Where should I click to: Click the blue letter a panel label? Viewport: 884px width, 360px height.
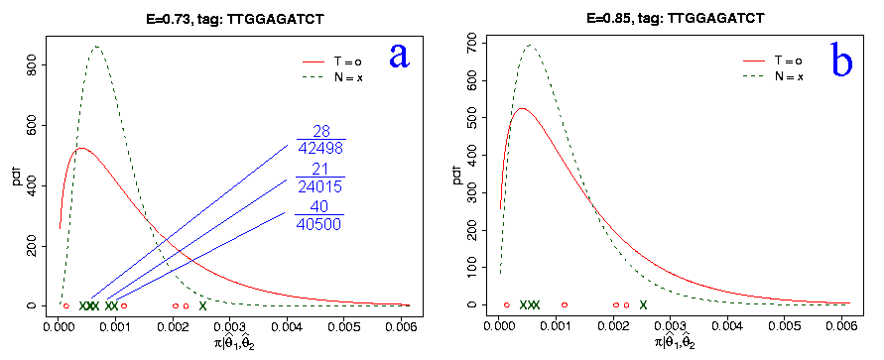[x=399, y=56]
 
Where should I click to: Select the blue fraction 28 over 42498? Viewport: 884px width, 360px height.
[x=320, y=140]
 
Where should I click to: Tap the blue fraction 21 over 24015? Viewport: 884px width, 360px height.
[x=319, y=178]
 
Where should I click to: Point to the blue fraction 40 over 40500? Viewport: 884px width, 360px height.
[x=319, y=214]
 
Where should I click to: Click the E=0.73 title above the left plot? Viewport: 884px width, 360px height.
[x=233, y=19]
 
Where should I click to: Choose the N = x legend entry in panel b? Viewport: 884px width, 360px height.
[x=773, y=76]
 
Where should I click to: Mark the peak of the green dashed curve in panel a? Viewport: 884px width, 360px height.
[x=96, y=47]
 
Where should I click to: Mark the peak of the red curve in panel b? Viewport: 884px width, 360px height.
[x=522, y=108]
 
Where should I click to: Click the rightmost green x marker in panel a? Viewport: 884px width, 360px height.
[x=203, y=305]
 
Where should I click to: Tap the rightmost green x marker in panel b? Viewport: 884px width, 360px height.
[x=643, y=304]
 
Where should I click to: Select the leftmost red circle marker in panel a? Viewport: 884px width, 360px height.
[x=65, y=305]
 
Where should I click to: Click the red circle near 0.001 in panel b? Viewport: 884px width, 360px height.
[x=565, y=304]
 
